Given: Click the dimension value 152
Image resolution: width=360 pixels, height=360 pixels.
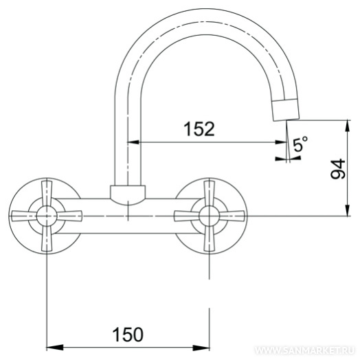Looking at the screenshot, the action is (199, 129).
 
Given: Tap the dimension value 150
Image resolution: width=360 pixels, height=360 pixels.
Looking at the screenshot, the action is (128, 335).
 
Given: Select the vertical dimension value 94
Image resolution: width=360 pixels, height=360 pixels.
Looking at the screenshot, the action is (338, 169).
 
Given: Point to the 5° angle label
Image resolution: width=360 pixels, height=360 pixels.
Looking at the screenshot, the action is (300, 144).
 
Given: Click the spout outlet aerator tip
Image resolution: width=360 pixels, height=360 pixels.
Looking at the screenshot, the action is (286, 110).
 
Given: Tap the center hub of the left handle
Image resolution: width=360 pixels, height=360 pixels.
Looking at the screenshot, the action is (47, 216).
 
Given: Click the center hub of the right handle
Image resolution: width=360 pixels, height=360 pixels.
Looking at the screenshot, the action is (209, 216).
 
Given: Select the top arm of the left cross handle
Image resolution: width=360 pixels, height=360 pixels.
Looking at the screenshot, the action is (47, 193).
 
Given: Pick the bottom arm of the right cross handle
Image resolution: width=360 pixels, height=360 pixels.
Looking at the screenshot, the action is (209, 238).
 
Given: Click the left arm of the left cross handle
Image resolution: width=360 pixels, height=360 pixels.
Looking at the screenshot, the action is (24, 216).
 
